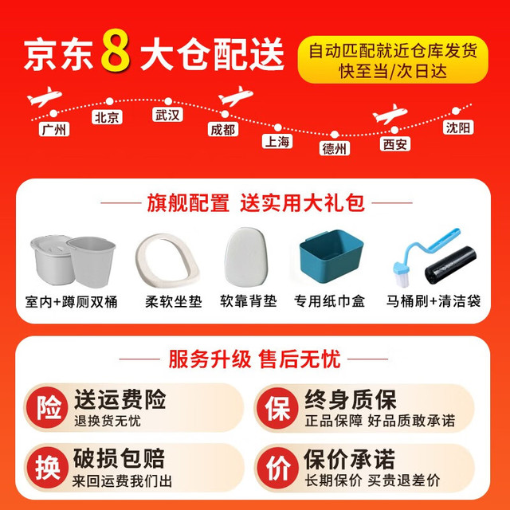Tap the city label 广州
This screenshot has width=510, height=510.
coord(54,129)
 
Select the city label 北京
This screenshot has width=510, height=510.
coord(107,117)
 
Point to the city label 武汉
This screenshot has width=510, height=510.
coord(167,115)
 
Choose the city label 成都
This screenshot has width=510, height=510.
coord(223,129)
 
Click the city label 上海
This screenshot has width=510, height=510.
coord(277,142)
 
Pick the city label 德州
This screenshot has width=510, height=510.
coord(335,148)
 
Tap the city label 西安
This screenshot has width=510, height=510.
coord(395,144)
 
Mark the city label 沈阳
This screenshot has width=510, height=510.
coord(458,127)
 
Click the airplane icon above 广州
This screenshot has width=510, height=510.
coord(45,96)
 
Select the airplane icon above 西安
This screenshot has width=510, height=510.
coord(390,114)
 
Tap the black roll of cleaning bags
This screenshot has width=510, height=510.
coord(451,265)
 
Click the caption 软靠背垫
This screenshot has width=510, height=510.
coord(248,301)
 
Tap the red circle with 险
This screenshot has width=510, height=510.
coord(48,407)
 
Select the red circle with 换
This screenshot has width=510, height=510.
coord(48,468)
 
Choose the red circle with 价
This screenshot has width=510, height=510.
coord(277,468)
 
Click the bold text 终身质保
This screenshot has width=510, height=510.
coord(351,399)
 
